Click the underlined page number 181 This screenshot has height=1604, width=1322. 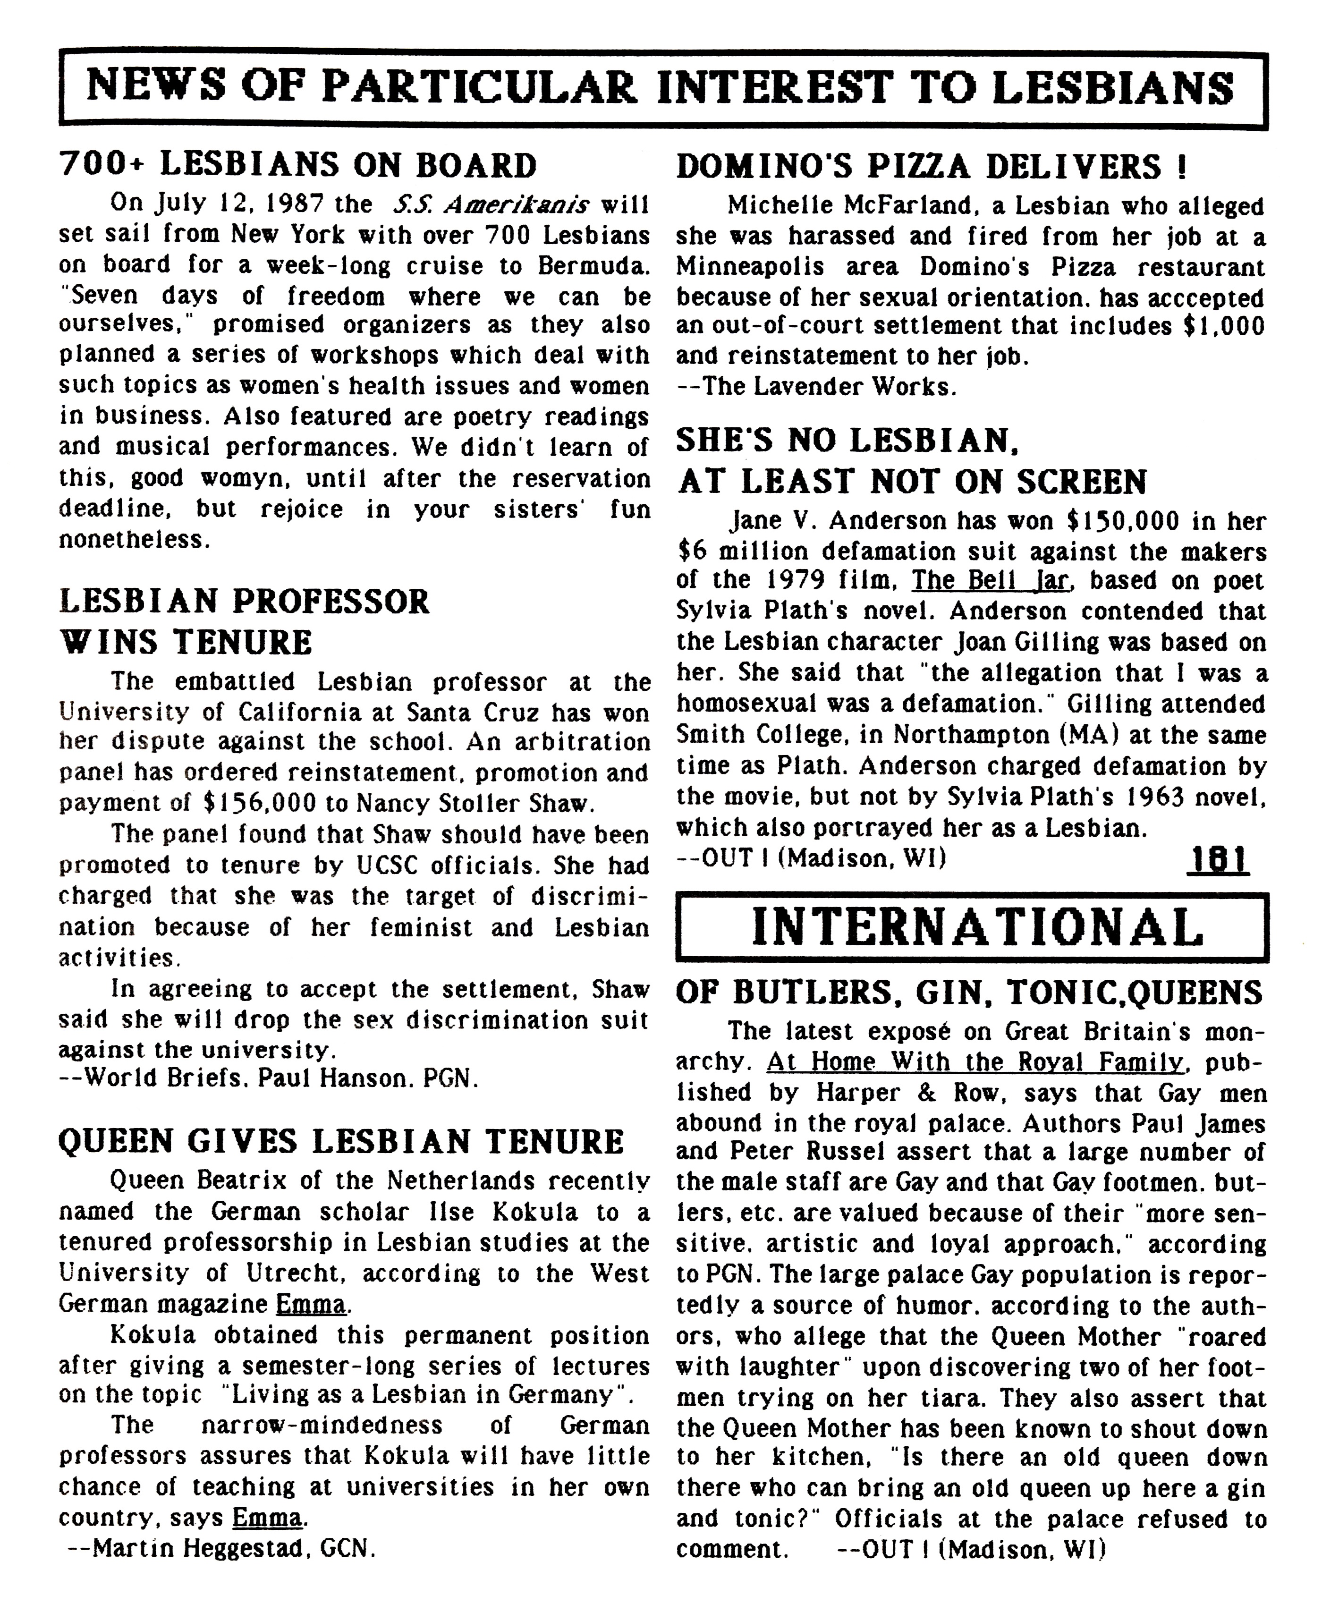[1217, 861]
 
